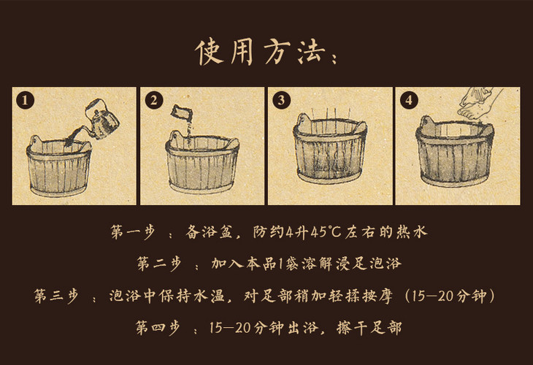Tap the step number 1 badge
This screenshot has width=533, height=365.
(25, 100)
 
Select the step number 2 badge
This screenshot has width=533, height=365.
(153, 100)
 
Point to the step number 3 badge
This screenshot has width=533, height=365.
(281, 100)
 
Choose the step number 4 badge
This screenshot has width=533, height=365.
(409, 100)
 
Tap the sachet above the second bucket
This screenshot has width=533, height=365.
(182, 112)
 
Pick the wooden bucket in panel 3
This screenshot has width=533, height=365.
(330, 148)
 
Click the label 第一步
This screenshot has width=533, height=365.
(133, 232)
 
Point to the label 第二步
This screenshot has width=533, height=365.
(158, 264)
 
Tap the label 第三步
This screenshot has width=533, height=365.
(56, 296)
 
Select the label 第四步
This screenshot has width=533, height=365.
(158, 327)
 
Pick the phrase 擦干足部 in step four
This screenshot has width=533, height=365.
(369, 328)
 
